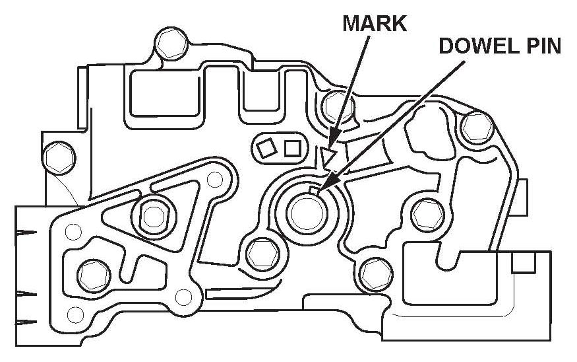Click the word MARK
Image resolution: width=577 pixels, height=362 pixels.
(x=375, y=24)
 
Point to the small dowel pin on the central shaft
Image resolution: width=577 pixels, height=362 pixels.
(x=315, y=192)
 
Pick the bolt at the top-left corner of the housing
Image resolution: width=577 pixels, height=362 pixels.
(x=165, y=44)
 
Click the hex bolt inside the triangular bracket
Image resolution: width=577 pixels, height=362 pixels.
(x=152, y=214)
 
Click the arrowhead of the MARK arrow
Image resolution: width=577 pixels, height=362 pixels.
(x=333, y=140)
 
